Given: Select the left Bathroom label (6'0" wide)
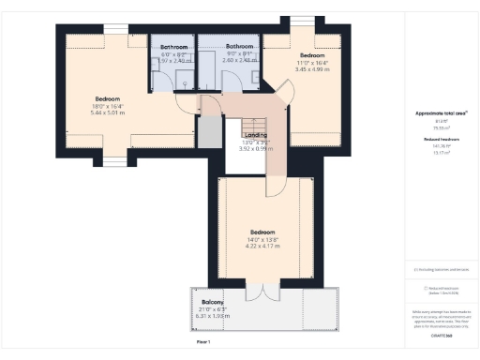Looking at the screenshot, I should click(173, 47).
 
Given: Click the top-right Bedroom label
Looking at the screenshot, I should click(311, 55).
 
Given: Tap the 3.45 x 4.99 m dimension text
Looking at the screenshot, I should click(311, 69).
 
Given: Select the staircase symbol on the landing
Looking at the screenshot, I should click(254, 127).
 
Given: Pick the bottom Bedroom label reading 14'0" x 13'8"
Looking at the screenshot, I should click(262, 232).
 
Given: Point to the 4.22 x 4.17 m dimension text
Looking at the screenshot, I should click(262, 247).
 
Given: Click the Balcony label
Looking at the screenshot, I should click(213, 302).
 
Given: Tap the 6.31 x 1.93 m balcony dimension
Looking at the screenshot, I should click(213, 316).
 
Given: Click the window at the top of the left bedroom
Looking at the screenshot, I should click(115, 27).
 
